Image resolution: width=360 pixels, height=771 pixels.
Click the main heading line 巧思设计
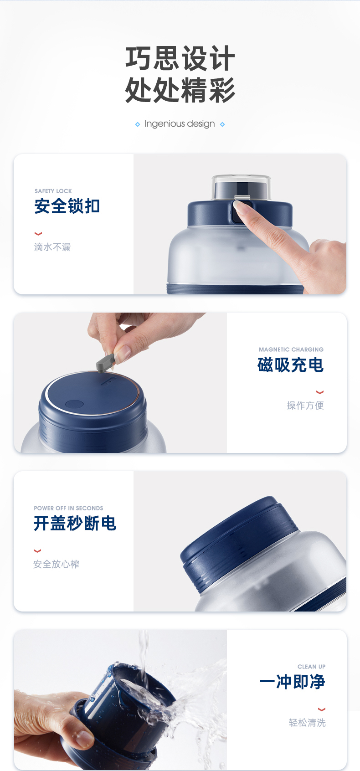tap(180, 59)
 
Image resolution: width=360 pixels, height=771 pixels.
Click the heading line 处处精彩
tap(180, 90)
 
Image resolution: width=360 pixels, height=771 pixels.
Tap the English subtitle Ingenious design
tap(180, 124)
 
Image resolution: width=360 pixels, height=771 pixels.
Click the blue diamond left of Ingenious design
tap(138, 124)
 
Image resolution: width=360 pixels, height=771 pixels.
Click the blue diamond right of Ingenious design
tap(222, 124)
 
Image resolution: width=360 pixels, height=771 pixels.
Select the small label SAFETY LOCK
tap(53, 191)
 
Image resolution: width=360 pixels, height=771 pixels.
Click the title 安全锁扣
tap(67, 206)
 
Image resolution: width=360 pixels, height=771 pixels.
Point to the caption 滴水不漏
tap(52, 247)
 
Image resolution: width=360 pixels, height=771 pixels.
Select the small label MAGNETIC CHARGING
tap(291, 350)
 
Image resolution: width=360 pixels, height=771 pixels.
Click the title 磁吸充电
tap(290, 365)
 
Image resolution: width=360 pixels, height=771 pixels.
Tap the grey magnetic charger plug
tap(105, 363)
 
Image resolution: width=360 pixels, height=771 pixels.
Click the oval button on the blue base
tap(74, 404)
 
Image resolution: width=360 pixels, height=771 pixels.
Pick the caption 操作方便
tap(305, 406)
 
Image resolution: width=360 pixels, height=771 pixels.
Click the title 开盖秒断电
tap(75, 524)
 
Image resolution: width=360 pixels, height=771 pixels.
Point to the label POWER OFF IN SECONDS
tap(68, 508)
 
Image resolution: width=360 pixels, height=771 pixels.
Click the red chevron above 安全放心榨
tap(37, 551)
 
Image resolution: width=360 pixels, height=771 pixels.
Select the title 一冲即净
tap(292, 682)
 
